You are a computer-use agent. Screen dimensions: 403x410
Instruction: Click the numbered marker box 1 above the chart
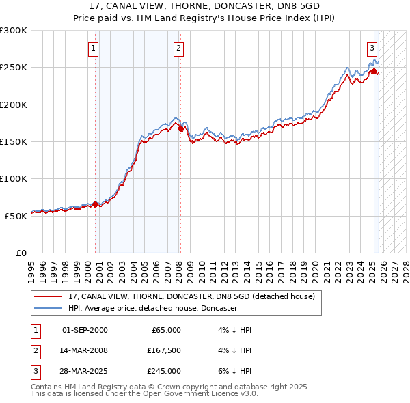tap(92, 48)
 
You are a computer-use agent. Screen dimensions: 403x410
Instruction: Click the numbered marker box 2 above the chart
tap(178, 48)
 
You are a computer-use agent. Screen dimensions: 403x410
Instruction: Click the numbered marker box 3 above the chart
tap(372, 48)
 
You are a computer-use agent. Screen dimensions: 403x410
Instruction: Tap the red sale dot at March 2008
tap(180, 128)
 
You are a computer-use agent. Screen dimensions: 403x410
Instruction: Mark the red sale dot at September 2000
tap(95, 204)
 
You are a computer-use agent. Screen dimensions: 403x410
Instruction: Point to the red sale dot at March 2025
tap(374, 71)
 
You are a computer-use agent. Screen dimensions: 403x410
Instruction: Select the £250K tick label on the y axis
tap(14, 68)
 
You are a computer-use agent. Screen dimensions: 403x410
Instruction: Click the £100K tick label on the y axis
tap(14, 178)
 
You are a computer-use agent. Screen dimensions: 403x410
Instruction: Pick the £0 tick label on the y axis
tap(20, 253)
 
